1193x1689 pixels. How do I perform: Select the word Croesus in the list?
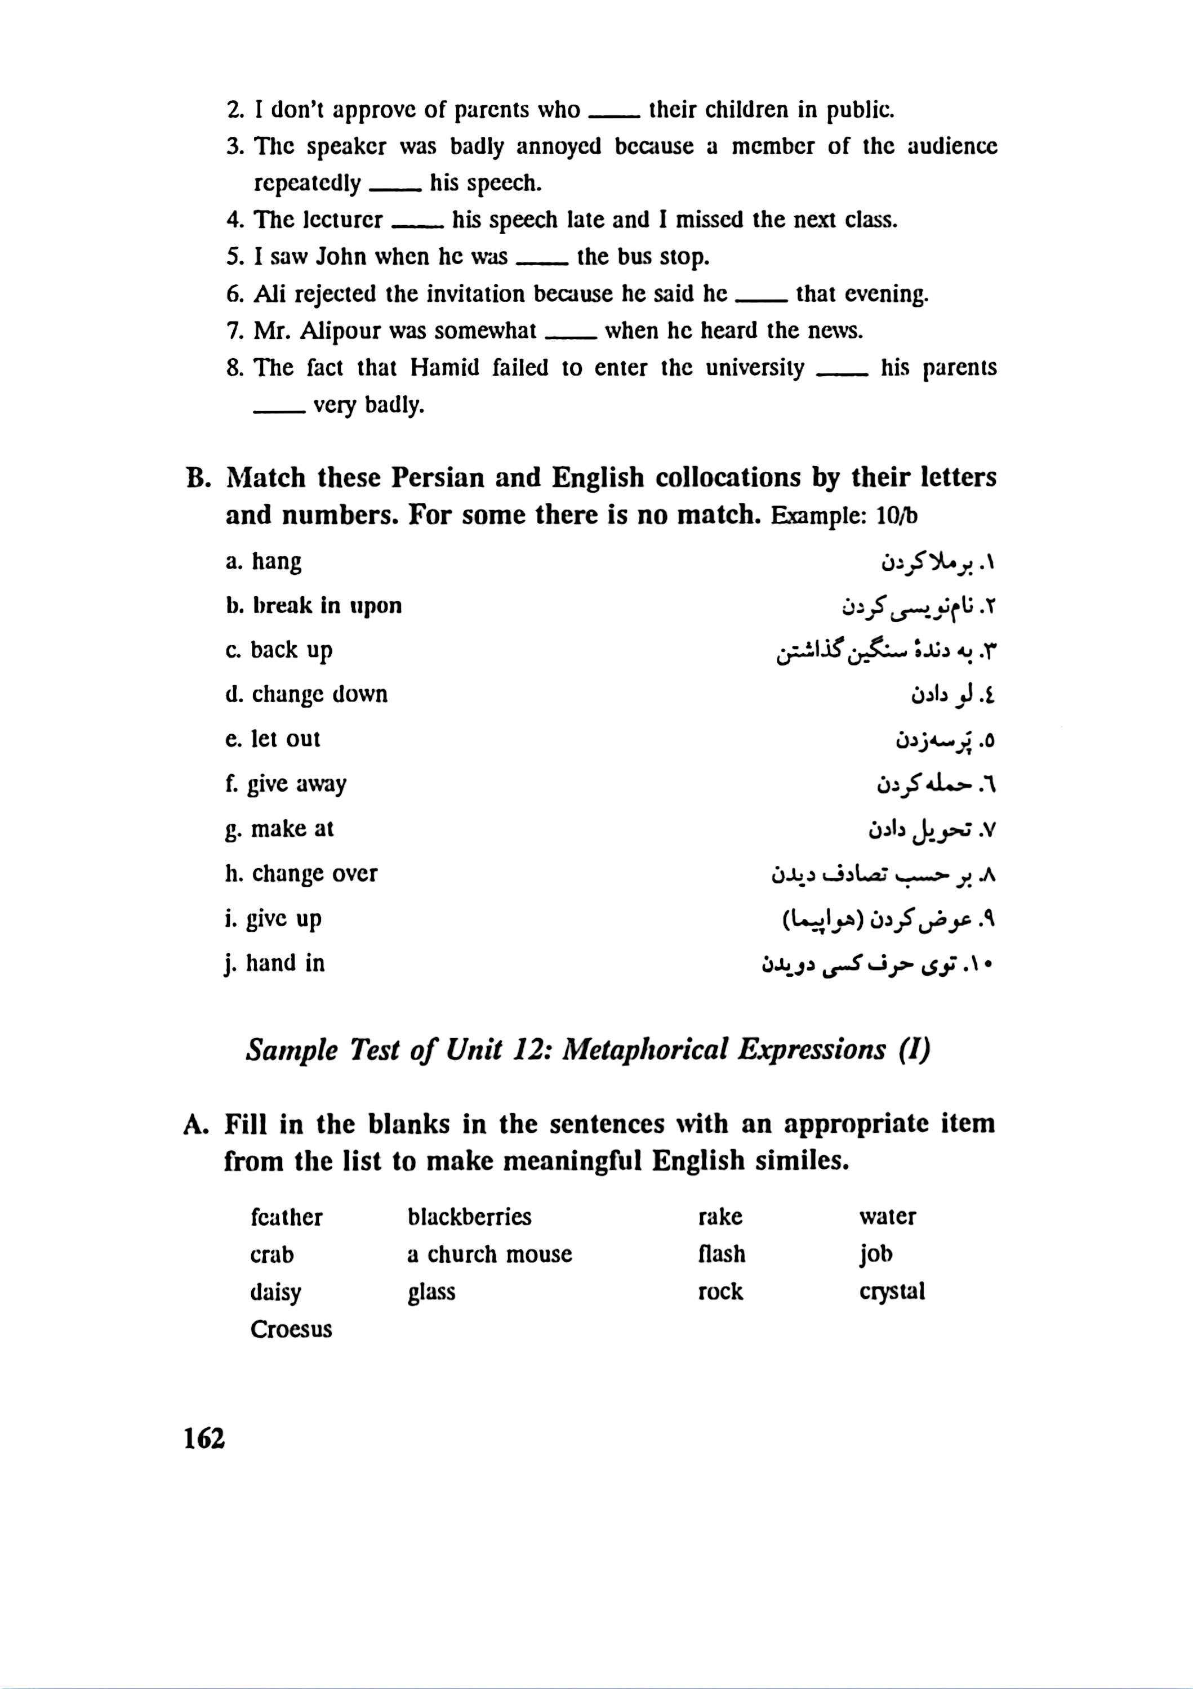(x=291, y=1329)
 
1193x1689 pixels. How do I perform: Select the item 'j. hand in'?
(x=277, y=963)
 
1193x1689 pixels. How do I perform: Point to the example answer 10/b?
(x=897, y=516)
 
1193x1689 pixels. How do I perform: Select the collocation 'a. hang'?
(x=264, y=562)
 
